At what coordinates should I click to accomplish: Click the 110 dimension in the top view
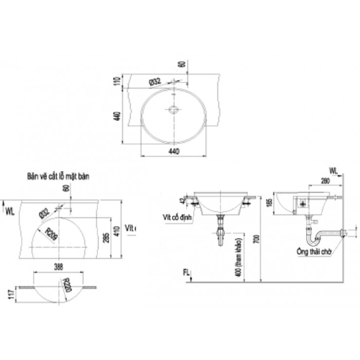coord(117,81)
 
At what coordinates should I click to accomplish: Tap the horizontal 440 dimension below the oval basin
coord(174,151)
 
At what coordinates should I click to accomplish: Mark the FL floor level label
coord(186,272)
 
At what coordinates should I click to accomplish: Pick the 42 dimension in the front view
coord(183,199)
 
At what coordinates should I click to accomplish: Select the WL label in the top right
coord(333,170)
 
